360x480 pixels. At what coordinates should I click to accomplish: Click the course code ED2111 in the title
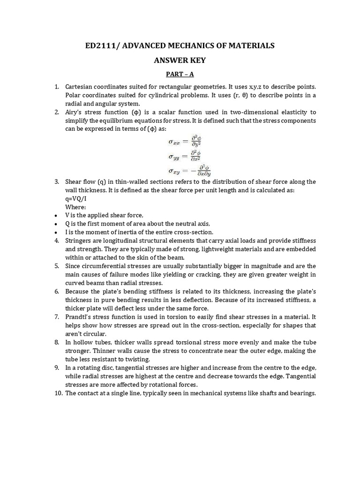[99, 45]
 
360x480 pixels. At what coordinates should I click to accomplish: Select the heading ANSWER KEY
[180, 60]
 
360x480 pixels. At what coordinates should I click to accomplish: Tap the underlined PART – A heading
[180, 74]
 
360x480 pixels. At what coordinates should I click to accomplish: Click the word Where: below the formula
[75, 207]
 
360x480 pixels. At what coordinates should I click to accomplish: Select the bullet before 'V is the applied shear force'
[55, 215]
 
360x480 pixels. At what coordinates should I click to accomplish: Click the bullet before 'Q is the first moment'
[55, 224]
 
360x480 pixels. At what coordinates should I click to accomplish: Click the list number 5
[56, 266]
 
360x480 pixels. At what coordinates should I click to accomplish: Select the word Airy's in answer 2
[75, 112]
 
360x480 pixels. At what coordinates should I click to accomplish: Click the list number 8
[56, 342]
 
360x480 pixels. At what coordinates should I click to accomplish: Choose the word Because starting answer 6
[78, 291]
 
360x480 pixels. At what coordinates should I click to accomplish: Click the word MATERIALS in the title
[250, 45]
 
